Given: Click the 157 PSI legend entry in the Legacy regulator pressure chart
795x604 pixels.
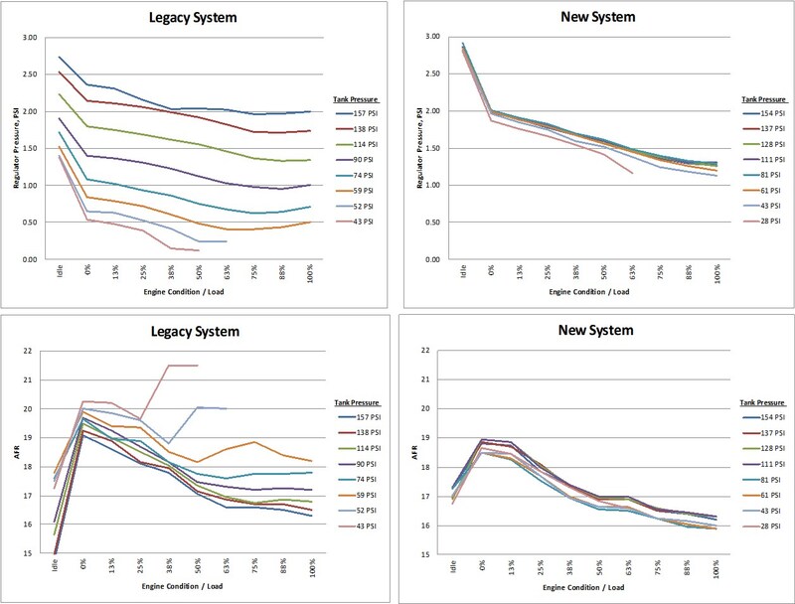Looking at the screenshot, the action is pos(357,113).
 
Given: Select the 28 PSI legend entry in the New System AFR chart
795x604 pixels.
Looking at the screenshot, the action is pos(763,526).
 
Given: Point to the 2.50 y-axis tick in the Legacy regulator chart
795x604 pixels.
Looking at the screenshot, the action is pos(30,74).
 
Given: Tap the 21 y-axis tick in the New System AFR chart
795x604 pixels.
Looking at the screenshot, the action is pos(425,379).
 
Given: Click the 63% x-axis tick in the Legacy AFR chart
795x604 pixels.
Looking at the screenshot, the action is pos(226,566).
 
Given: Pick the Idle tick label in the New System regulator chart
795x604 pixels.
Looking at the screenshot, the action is pos(463,270).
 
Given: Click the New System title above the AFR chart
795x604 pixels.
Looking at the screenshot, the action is pos(595,330).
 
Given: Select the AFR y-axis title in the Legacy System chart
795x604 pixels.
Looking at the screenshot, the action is pos(16,452).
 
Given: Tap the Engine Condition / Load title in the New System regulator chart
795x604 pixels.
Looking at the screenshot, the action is pos(588,292).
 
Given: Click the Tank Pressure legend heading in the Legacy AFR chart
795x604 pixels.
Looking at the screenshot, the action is pos(357,402).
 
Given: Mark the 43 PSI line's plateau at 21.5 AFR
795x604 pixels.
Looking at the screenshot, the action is pos(183,365).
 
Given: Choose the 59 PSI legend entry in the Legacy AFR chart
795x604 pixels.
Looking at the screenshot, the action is pos(359,495).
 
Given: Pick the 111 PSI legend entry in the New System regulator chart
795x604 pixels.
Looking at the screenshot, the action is pos(764,160).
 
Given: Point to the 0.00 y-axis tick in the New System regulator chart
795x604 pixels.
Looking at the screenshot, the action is pos(432,259).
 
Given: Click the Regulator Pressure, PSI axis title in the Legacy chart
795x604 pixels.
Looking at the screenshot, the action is pos(16,148).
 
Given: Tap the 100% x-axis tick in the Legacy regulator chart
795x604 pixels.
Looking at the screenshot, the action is pos(310,273).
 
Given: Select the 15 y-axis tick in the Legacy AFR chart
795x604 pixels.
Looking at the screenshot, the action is pos(27,553).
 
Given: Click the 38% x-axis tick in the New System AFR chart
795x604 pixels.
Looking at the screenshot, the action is pos(569,567).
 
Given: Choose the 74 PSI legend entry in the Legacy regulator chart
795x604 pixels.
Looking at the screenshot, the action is pos(357,175).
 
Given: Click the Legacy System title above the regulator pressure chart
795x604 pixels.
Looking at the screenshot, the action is pos(193,17).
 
